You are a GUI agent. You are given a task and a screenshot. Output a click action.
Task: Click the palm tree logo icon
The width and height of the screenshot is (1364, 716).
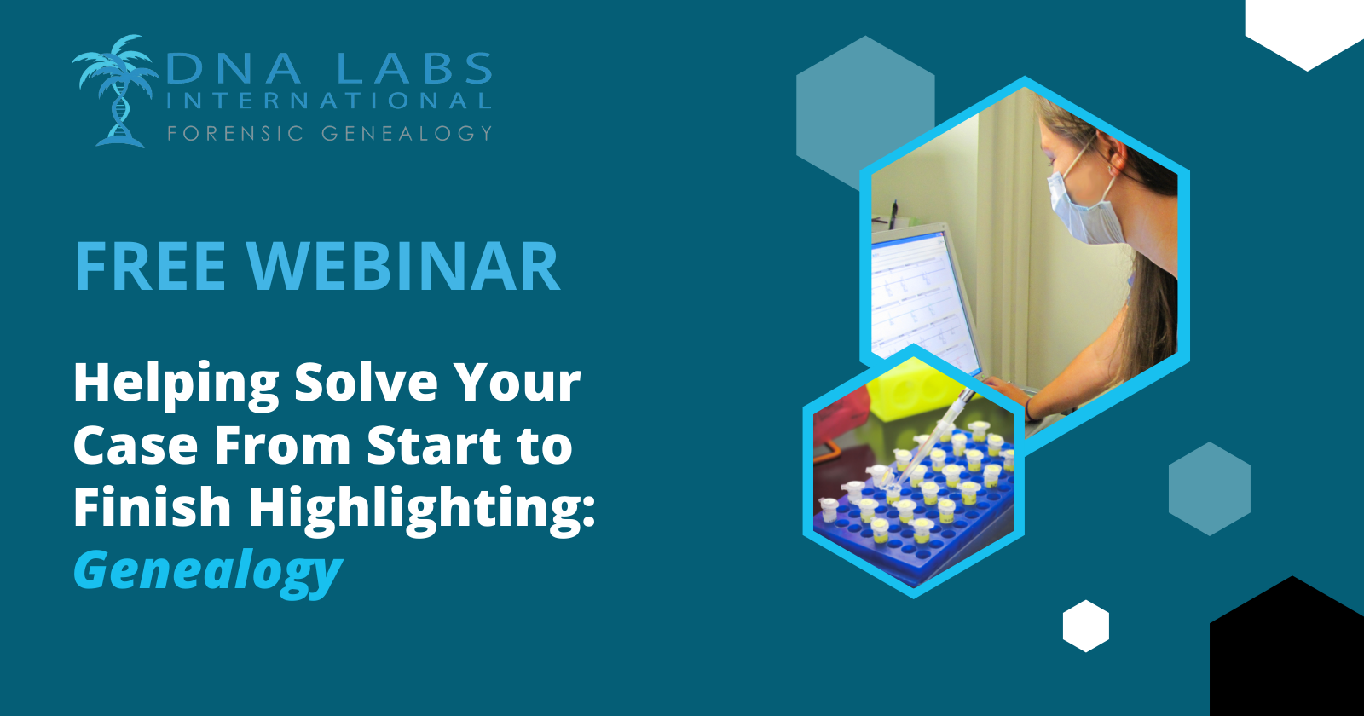point(116,91)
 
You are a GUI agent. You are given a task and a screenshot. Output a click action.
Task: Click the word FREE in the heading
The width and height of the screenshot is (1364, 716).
point(150,267)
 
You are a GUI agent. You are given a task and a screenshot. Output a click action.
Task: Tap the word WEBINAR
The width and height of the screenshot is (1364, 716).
point(402,267)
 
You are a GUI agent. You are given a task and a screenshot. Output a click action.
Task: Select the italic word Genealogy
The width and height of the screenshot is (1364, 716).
point(208,570)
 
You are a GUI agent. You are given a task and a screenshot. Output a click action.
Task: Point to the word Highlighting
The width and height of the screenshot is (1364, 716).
point(421,508)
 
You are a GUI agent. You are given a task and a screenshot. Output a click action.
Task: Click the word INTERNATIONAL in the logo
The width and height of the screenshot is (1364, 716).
point(329,101)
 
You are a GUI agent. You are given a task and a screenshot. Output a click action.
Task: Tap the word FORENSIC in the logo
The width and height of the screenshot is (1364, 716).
point(235,133)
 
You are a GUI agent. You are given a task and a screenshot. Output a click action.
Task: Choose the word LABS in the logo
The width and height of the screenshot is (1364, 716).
point(413,68)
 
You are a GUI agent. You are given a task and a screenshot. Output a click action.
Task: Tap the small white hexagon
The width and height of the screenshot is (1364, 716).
point(1086,626)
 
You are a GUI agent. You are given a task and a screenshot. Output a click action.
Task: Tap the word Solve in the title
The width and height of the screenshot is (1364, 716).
point(366,383)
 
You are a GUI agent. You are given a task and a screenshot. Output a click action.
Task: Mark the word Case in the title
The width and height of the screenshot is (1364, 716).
point(136,446)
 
